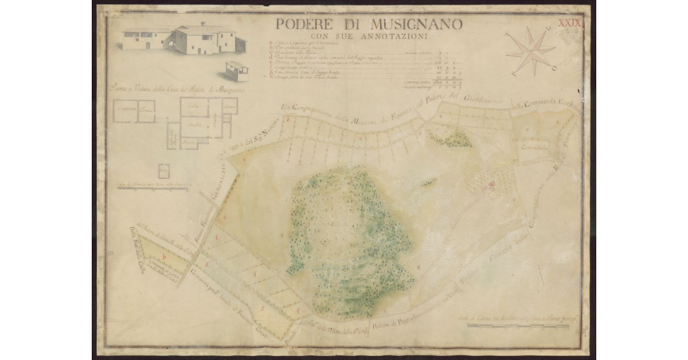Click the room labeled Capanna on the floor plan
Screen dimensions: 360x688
pos(124,111)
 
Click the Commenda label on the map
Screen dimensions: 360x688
pos(535,148)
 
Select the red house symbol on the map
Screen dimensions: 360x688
pos(491,185)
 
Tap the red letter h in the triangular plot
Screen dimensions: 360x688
pos(164,256)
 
